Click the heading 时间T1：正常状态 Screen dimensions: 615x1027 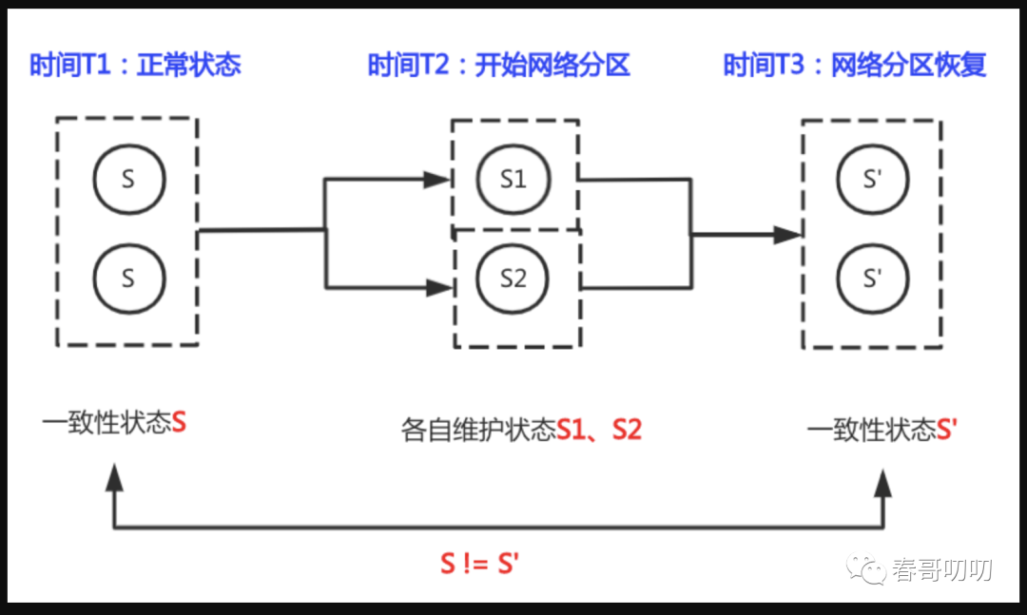coord(136,65)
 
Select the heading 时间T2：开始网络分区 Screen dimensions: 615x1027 coord(498,65)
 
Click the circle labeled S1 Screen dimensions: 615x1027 coord(513,179)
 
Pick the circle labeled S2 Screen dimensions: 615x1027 coord(513,279)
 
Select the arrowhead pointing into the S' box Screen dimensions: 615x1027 coord(788,234)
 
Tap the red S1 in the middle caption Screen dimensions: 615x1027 coord(572,430)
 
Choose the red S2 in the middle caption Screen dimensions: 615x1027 coord(627,430)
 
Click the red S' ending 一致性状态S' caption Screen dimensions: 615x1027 coord(947,430)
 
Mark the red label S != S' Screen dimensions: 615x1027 coord(478,563)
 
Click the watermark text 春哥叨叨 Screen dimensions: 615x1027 coord(941,570)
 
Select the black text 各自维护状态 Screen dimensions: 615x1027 coord(478,430)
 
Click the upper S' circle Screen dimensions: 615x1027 coord(872,179)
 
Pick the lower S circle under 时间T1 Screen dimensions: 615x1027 coord(129,279)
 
